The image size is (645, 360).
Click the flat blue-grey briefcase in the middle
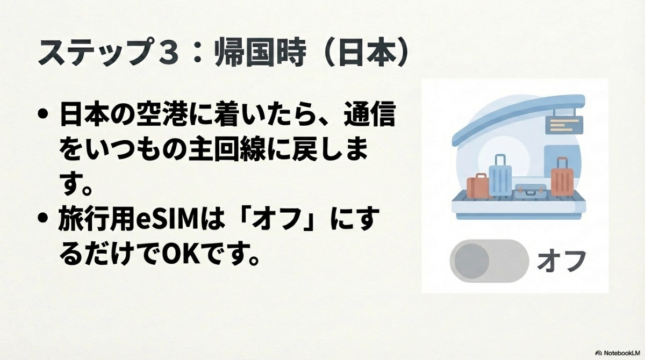pos(530,190)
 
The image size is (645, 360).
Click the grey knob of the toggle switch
pos(471,260)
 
